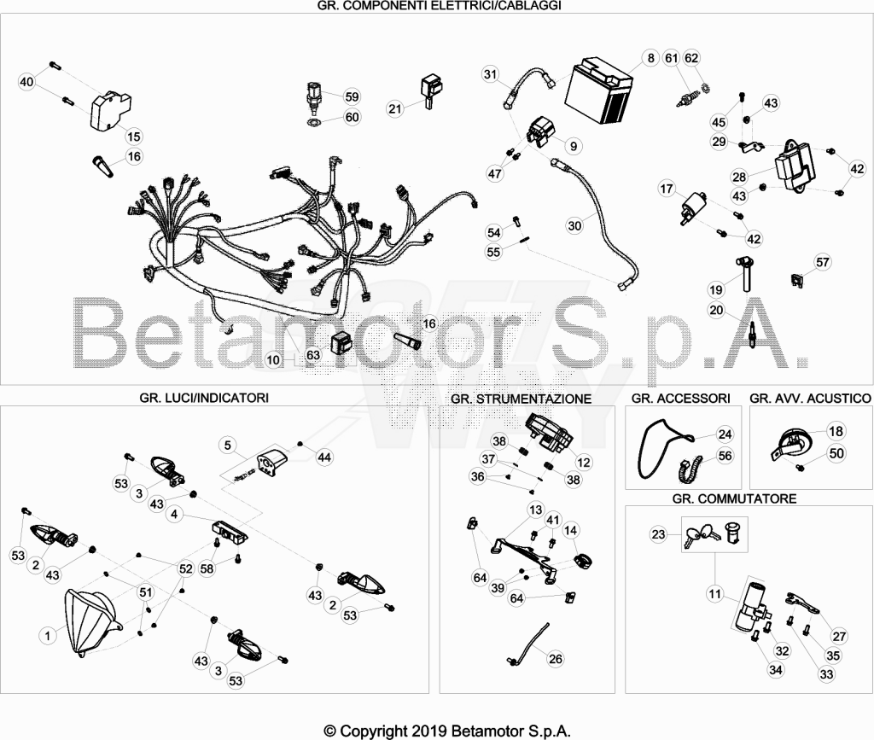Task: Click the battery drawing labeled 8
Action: coord(598,90)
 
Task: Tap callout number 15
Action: coord(134,137)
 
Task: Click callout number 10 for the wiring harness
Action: coord(273,360)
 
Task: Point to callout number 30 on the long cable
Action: coord(574,225)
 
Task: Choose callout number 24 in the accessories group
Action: coord(725,434)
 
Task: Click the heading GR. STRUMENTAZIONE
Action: coord(521,399)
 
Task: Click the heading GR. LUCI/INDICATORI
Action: coord(204,398)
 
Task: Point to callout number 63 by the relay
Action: coord(313,356)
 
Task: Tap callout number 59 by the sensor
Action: coord(352,97)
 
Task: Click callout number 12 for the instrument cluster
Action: coord(584,462)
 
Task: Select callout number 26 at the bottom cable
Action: coord(556,659)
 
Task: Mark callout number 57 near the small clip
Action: coord(823,262)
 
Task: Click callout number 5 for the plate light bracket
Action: coord(227,446)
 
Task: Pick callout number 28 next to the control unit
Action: coord(739,178)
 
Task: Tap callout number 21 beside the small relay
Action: coord(394,108)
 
